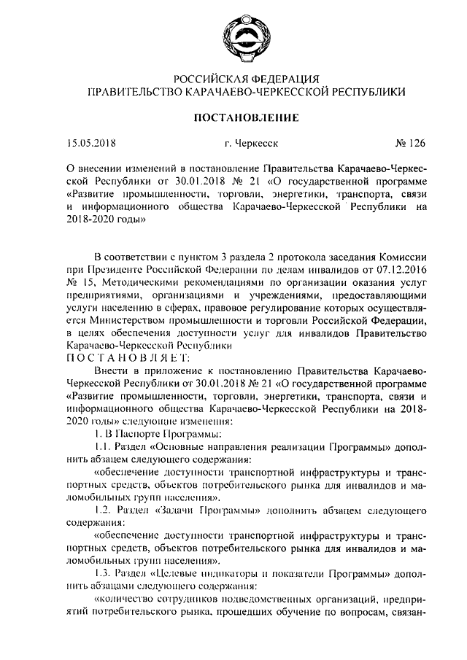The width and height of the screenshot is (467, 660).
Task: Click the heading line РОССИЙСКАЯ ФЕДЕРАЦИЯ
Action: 239,78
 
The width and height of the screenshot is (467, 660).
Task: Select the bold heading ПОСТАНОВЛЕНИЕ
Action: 239,117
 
